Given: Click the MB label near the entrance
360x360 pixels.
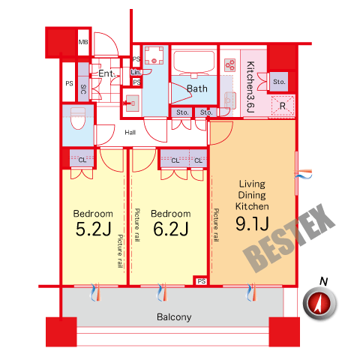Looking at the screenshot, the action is pyautogui.click(x=83, y=42).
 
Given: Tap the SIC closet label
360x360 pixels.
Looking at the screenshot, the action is pyautogui.click(x=83, y=89).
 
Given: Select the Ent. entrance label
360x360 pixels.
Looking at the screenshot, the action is pyautogui.click(x=107, y=73).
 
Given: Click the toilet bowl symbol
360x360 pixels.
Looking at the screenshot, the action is pyautogui.click(x=78, y=118).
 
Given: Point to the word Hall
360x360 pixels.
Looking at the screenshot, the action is pyautogui.click(x=130, y=132).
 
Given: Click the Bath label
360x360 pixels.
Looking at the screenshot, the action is pyautogui.click(x=197, y=88).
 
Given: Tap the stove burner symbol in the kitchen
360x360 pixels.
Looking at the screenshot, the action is pyautogui.click(x=229, y=65).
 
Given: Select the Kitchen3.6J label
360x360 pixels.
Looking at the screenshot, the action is pyautogui.click(x=250, y=87).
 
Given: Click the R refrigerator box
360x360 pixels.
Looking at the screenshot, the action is pyautogui.click(x=283, y=106).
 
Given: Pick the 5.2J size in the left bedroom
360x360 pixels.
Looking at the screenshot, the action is pyautogui.click(x=93, y=229).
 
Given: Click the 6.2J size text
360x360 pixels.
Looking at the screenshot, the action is pyautogui.click(x=171, y=229).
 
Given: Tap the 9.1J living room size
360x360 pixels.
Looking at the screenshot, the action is pyautogui.click(x=252, y=223).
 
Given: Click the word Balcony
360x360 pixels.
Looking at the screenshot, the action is pyautogui.click(x=174, y=317).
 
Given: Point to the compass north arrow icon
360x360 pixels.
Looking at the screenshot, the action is pyautogui.click(x=319, y=303).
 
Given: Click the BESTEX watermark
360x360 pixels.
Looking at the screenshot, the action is pyautogui.click(x=289, y=238).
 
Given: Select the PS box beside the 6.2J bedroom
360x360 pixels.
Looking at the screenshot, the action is pyautogui.click(x=201, y=281).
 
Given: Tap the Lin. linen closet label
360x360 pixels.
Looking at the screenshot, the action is pyautogui.click(x=136, y=72).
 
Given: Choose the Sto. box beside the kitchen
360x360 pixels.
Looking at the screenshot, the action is pyautogui.click(x=279, y=82).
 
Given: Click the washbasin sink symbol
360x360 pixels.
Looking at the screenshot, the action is pyautogui.click(x=132, y=103).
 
